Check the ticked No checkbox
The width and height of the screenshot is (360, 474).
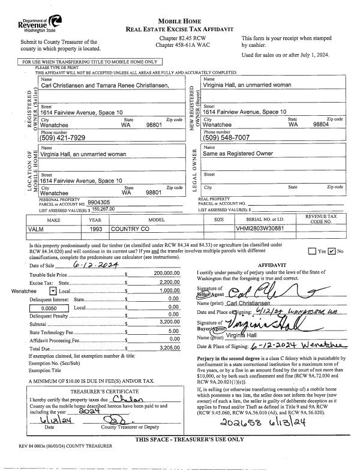coord(331,251)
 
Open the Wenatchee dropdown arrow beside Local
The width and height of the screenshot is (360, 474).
coord(53,290)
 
